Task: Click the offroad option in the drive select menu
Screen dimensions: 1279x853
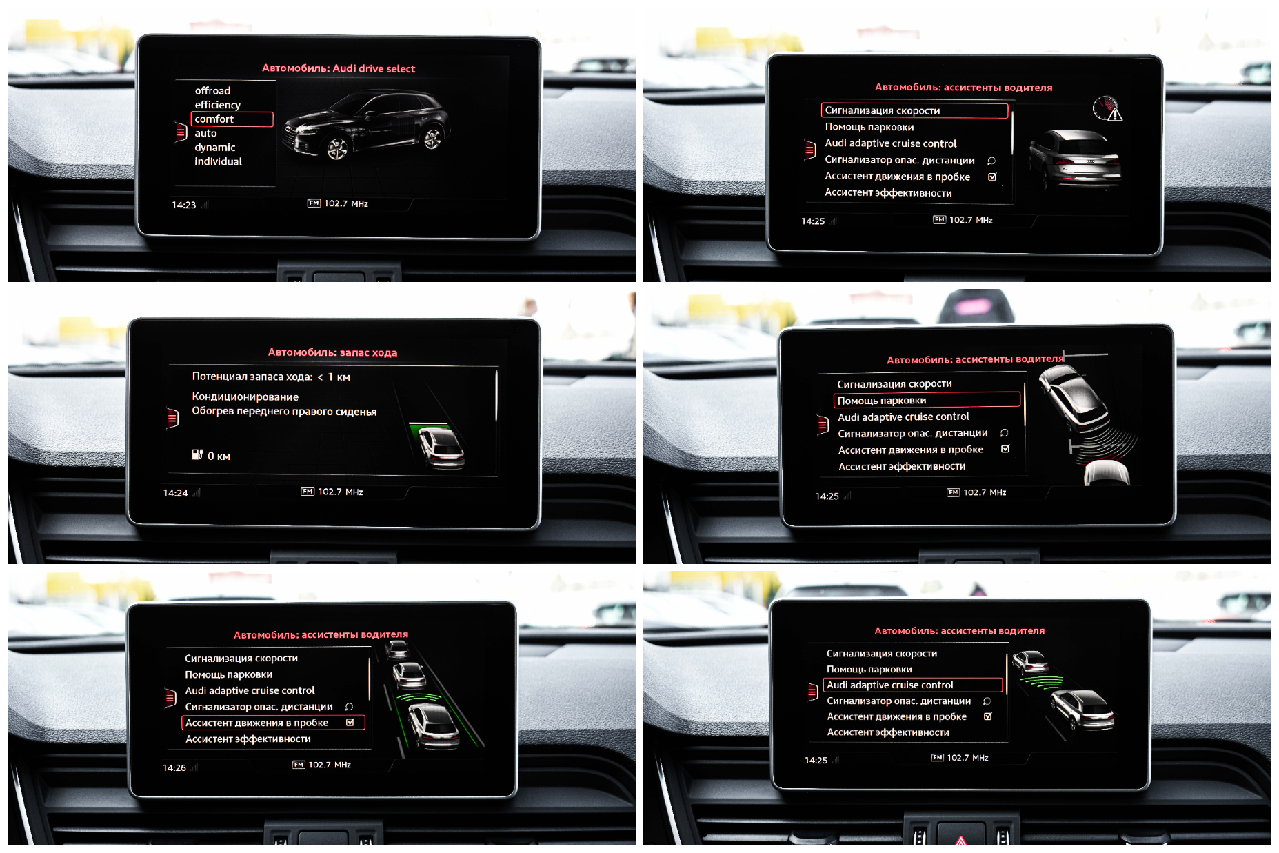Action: coord(212,90)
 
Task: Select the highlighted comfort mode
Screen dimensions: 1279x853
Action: coord(232,119)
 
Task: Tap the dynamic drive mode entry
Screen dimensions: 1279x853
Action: coord(214,148)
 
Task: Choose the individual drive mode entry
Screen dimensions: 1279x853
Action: coord(218,161)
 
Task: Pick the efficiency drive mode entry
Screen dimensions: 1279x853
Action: coord(217,105)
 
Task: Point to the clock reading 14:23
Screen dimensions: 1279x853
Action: coord(184,205)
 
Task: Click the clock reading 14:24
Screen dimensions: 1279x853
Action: coord(175,493)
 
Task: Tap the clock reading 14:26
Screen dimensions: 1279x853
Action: coord(174,767)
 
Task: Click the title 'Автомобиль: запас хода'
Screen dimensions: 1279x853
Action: coord(332,352)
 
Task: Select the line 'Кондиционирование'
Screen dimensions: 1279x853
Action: coord(245,397)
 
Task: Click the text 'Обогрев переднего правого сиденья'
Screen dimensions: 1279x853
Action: coord(284,412)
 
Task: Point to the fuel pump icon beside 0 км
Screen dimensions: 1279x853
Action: coord(197,454)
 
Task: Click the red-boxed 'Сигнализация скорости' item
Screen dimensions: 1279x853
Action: coord(914,110)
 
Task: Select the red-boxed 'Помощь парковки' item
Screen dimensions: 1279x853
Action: coord(927,401)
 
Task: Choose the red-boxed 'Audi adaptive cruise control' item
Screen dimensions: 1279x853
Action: coord(913,685)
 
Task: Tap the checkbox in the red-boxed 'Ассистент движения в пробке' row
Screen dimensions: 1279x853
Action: coord(350,723)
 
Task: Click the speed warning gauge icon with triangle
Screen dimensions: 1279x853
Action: coord(1107,109)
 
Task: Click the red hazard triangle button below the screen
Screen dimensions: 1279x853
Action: coord(960,840)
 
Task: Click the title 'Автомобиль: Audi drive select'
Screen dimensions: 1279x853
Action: coord(339,68)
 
